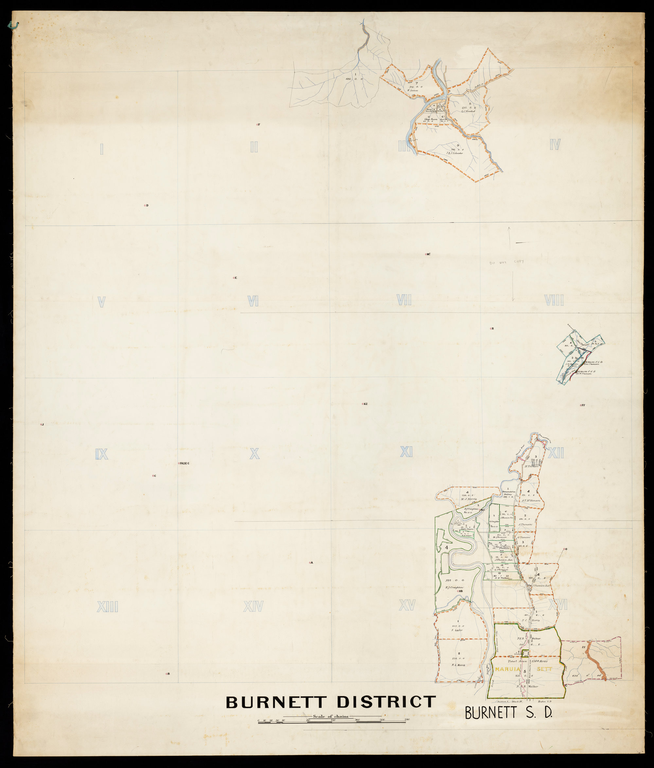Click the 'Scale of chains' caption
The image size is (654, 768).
point(331,716)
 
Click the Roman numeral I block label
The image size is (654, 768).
point(102,149)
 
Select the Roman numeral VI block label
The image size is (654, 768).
point(253,301)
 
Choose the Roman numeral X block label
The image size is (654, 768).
point(254,454)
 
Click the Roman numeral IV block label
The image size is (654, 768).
point(555,145)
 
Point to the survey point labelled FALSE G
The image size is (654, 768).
point(179,463)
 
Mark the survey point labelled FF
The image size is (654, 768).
point(581,406)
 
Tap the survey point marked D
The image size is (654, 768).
point(145,205)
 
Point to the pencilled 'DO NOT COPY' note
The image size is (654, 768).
point(506,262)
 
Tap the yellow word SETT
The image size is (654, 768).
point(544,669)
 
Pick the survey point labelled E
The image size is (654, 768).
point(234,278)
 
